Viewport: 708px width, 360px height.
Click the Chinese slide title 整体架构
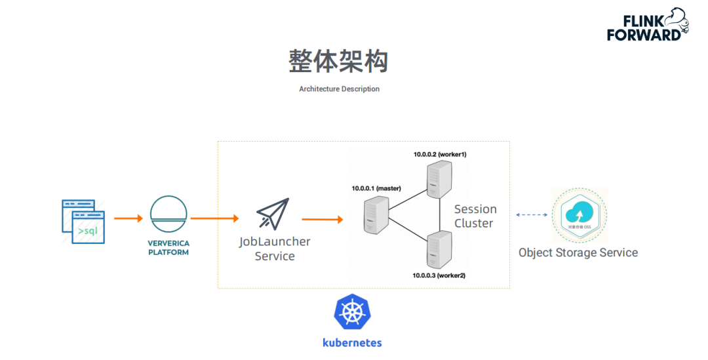point(338,61)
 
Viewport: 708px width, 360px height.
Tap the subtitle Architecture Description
point(339,89)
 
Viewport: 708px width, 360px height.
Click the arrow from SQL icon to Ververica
point(128,218)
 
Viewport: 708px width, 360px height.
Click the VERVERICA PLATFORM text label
point(168,247)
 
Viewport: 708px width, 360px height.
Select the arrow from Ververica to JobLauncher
point(214,218)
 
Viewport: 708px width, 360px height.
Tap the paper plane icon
point(272,214)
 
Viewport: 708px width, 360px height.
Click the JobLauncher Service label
point(275,249)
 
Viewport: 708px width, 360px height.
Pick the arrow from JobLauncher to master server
point(322,219)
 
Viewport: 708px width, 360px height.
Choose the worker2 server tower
point(438,251)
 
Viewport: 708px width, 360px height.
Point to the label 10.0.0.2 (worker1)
point(439,154)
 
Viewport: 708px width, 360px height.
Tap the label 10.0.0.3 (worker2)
point(439,275)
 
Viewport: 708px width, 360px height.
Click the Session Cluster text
point(475,216)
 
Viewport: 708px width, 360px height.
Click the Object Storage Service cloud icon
point(578,215)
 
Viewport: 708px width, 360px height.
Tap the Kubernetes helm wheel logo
point(352,311)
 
